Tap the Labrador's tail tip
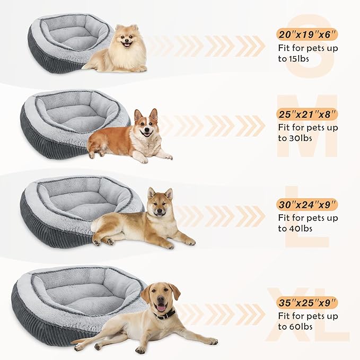74,341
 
